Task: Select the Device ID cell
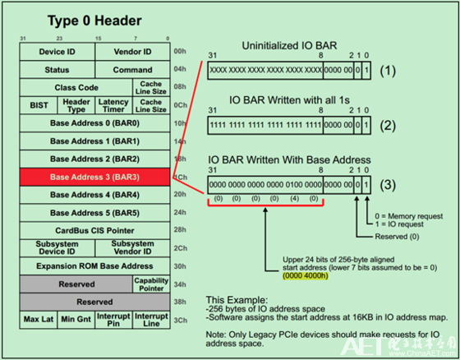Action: click(x=57, y=52)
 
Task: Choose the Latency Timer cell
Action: click(x=113, y=106)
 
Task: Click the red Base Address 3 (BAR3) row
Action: click(x=94, y=177)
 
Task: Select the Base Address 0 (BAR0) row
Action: click(x=94, y=122)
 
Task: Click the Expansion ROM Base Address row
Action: click(x=94, y=265)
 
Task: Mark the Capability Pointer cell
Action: click(x=150, y=284)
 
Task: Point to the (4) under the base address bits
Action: click(x=294, y=198)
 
